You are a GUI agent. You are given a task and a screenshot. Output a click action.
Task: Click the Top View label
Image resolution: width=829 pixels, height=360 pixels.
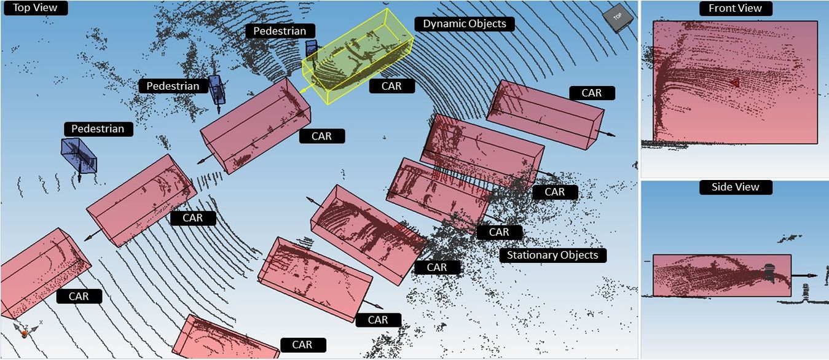(36, 8)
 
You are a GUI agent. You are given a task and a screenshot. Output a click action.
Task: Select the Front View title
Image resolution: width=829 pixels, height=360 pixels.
(736, 9)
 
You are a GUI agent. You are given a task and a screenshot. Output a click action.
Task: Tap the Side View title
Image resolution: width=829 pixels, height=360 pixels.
(736, 187)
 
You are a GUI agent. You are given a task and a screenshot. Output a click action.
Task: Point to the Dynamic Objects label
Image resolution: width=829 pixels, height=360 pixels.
(465, 24)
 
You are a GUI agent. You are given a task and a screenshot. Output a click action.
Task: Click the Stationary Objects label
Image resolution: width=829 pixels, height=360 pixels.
(552, 256)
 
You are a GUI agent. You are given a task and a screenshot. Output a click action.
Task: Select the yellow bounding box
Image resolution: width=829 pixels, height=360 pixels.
(358, 55)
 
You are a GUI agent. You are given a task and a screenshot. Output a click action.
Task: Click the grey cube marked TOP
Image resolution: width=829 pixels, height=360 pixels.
(618, 17)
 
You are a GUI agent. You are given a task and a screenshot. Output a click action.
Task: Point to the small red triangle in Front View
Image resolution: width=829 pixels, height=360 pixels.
(735, 84)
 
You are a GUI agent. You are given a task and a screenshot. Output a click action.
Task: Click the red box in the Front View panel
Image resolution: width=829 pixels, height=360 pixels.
(735, 82)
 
